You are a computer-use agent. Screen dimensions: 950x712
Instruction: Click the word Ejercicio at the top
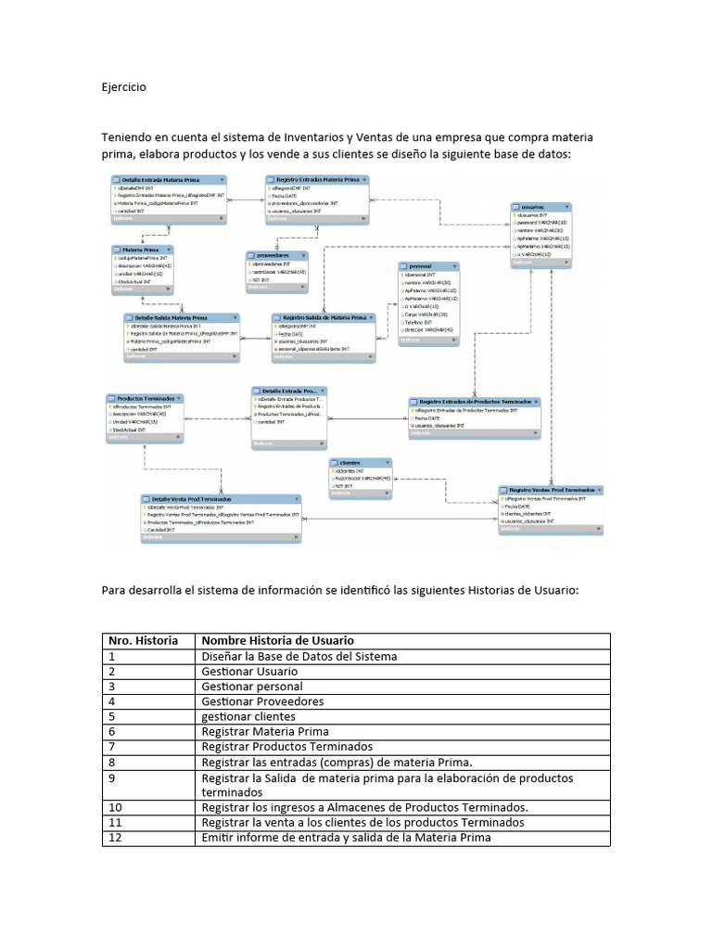point(123,86)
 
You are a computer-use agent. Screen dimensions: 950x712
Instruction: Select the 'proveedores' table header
point(274,254)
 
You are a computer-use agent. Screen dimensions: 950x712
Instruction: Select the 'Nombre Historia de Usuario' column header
point(277,640)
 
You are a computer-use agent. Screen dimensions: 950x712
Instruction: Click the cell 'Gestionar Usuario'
point(249,671)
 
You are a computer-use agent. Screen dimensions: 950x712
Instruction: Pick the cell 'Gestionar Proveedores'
point(262,701)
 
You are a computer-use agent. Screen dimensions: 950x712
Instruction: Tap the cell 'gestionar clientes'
point(248,716)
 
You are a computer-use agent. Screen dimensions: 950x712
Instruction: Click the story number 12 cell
point(115,838)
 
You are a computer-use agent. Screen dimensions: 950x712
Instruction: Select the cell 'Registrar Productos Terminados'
point(286,746)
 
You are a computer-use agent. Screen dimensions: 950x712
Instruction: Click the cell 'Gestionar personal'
point(250,686)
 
